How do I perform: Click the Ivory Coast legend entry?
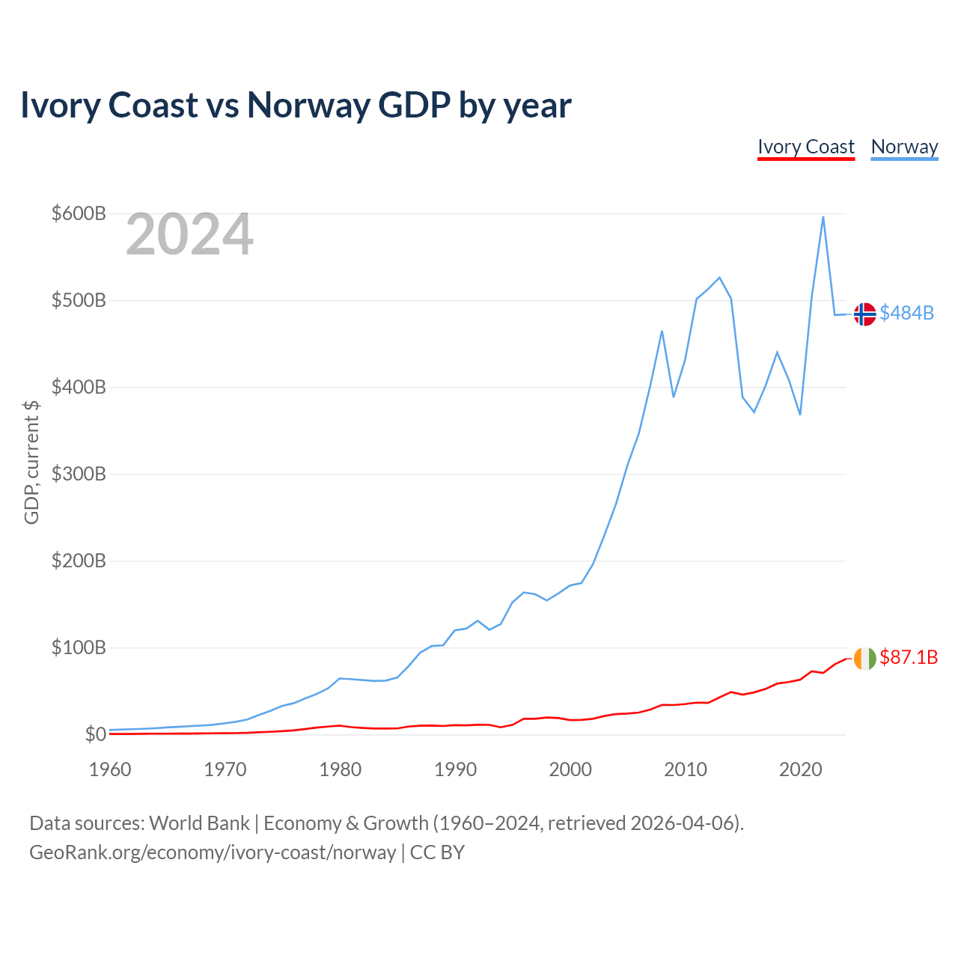[x=805, y=147]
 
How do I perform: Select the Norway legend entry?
[x=904, y=147]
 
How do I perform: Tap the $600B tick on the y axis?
[x=79, y=214]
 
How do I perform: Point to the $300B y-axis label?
[x=79, y=475]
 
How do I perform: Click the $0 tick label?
[x=95, y=735]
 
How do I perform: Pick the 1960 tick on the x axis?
[x=110, y=769]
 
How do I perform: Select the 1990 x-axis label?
[x=455, y=769]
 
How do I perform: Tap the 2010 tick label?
[x=686, y=769]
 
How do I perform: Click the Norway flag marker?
[x=864, y=314]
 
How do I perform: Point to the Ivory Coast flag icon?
[x=864, y=659]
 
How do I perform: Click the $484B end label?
[x=906, y=313]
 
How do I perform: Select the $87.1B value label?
[x=908, y=657]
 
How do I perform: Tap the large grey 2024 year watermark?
[x=189, y=235]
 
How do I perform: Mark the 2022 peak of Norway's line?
[x=823, y=217]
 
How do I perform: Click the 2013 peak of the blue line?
[x=719, y=278]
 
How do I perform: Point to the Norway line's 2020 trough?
[x=800, y=415]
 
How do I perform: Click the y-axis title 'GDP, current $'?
[x=31, y=462]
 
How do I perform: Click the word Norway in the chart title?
[x=308, y=105]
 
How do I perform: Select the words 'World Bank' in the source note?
[x=199, y=823]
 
